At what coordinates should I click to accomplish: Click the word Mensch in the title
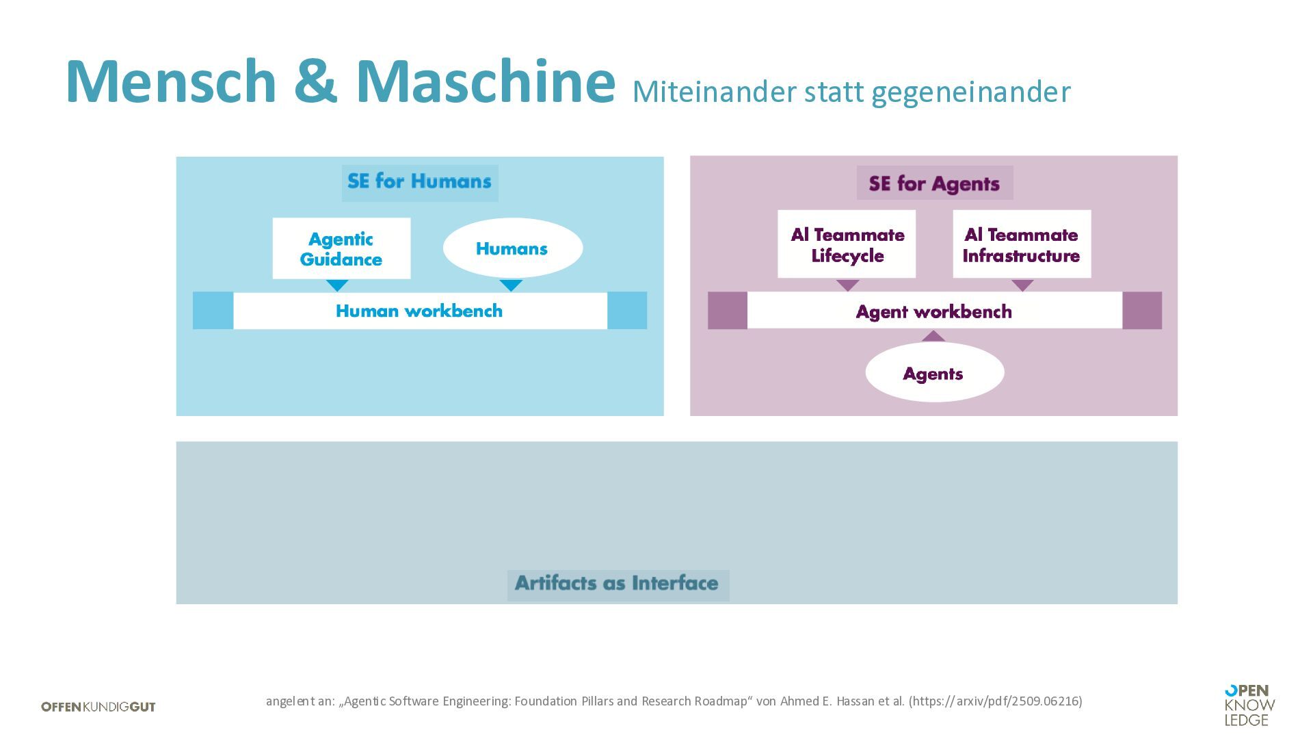pyautogui.click(x=171, y=81)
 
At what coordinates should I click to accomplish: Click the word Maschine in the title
pyautogui.click(x=485, y=81)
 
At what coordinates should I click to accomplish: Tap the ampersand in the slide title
pyautogui.click(x=315, y=81)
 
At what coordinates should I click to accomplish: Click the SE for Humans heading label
pyautogui.click(x=419, y=182)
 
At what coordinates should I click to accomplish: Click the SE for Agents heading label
pyautogui.click(x=934, y=183)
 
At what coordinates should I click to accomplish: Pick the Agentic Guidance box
pyautogui.click(x=341, y=248)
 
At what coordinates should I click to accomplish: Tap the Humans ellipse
pyautogui.click(x=512, y=248)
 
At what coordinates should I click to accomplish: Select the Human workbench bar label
pyautogui.click(x=419, y=311)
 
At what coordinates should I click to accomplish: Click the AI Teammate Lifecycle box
pyautogui.click(x=847, y=244)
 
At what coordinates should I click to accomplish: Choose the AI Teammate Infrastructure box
pyautogui.click(x=1022, y=244)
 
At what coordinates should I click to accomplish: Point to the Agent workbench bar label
pyautogui.click(x=934, y=312)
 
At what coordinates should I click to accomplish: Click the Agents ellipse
pyautogui.click(x=934, y=373)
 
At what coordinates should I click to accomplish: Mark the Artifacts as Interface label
pyautogui.click(x=618, y=584)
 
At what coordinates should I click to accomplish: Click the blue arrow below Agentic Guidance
pyautogui.click(x=337, y=285)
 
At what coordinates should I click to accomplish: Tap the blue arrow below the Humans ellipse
pyautogui.click(x=511, y=285)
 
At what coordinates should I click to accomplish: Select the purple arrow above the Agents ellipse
pyautogui.click(x=933, y=336)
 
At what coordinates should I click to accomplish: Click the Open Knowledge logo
pyautogui.click(x=1249, y=705)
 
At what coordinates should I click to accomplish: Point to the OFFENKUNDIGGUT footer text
pyautogui.click(x=98, y=707)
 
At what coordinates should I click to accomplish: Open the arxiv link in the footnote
pyautogui.click(x=996, y=701)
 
